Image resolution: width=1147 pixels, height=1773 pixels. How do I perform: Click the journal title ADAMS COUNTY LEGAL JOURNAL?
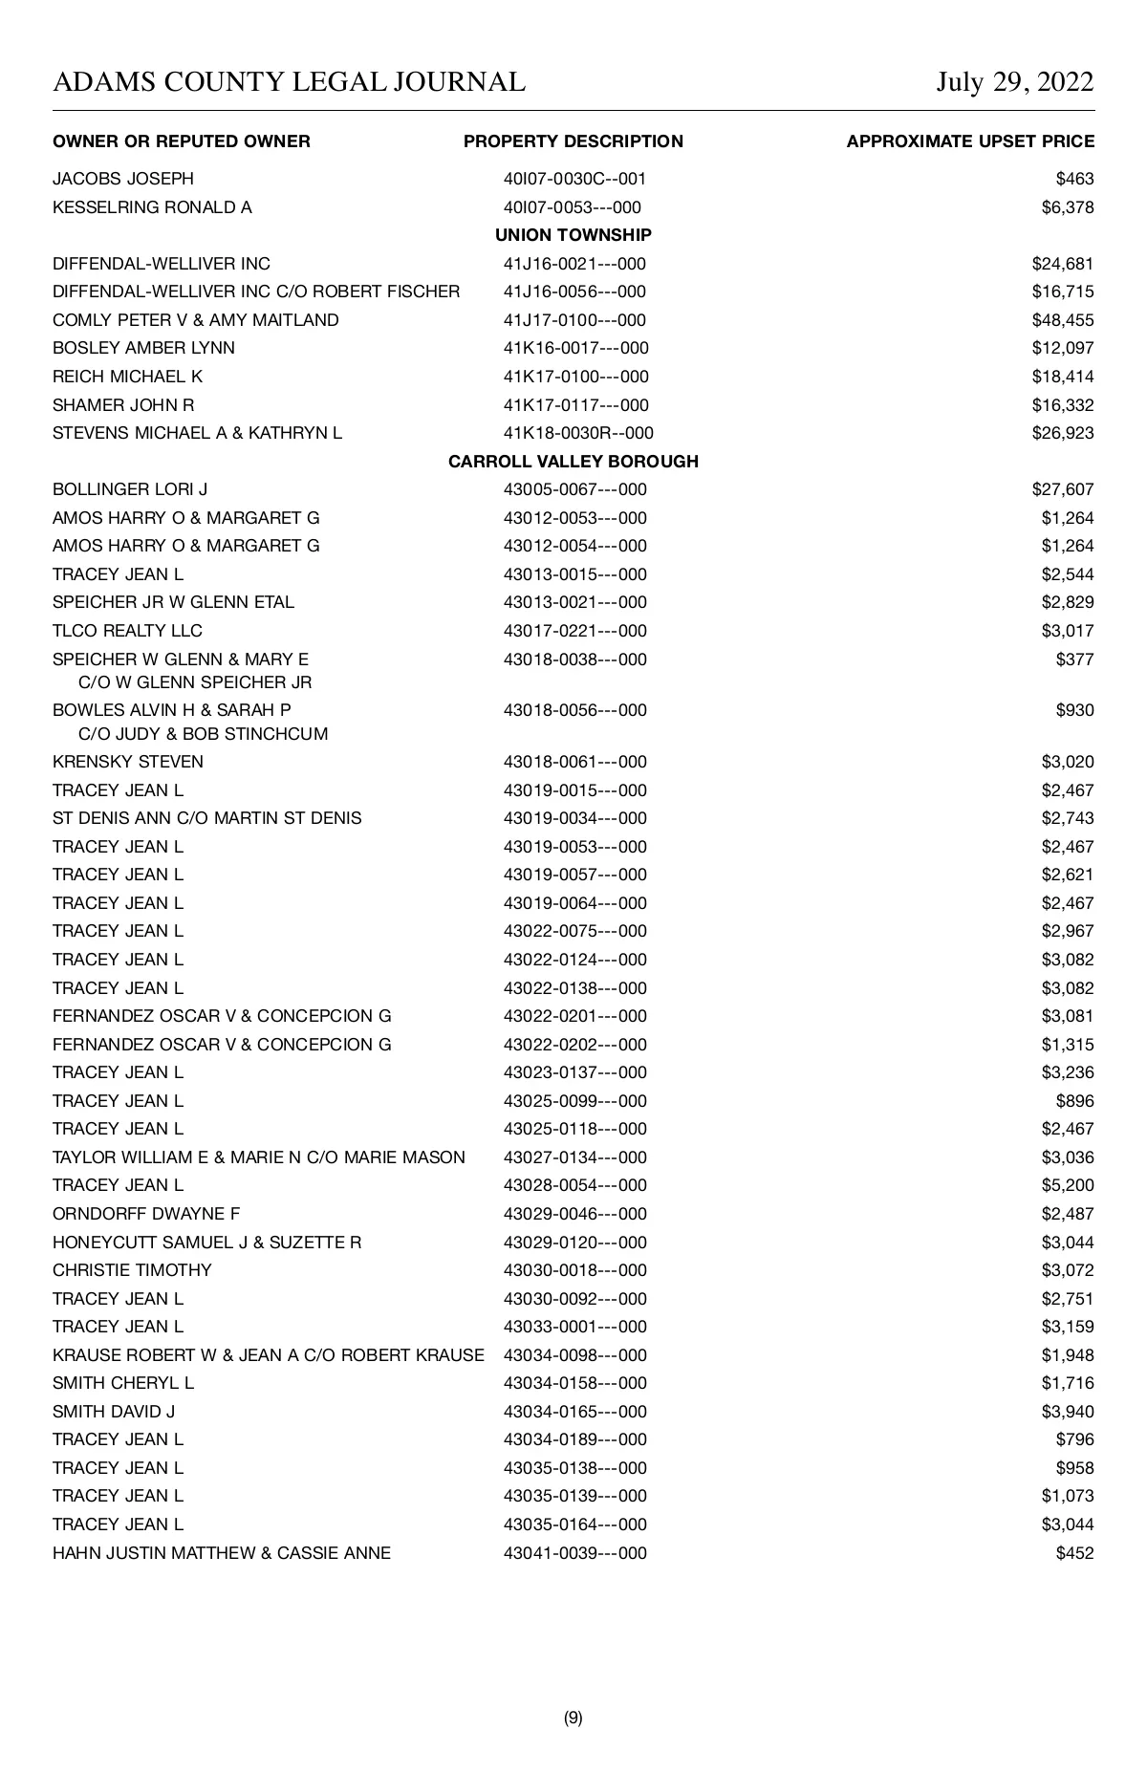tap(289, 82)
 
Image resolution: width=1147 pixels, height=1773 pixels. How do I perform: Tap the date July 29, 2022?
tap(1014, 82)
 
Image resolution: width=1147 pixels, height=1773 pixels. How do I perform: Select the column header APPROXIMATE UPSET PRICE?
tap(970, 141)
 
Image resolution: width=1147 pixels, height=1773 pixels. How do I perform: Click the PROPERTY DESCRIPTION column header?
tap(573, 141)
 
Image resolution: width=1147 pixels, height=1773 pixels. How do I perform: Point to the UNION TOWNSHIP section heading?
tap(573, 235)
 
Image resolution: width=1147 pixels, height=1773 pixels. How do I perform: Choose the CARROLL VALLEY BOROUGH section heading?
tap(573, 462)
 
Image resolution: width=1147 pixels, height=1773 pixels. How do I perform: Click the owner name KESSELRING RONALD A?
tap(152, 207)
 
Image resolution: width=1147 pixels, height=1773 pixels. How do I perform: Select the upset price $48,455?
tap(1063, 320)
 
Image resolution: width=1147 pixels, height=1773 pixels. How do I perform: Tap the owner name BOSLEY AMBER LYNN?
tap(143, 348)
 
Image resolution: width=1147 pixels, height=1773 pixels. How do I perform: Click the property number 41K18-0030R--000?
tap(578, 433)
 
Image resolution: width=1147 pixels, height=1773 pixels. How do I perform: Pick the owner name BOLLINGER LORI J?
tap(130, 489)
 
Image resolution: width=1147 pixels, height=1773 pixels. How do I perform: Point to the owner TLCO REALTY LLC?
tap(127, 631)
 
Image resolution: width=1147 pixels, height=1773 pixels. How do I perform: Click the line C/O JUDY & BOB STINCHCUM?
tap(203, 734)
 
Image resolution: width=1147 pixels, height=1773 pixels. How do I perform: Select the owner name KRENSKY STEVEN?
tap(128, 762)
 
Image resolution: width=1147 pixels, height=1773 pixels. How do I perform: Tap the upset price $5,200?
tap(1068, 1185)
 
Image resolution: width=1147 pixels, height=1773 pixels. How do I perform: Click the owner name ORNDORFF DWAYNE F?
tap(146, 1214)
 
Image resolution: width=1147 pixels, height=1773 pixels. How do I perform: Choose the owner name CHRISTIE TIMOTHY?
tap(132, 1270)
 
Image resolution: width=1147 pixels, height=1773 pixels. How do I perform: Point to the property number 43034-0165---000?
tap(574, 1412)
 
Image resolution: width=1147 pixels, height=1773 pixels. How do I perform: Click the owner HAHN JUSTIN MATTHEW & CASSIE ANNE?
tap(222, 1553)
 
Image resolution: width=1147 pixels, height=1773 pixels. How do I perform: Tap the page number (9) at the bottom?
tap(573, 1718)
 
